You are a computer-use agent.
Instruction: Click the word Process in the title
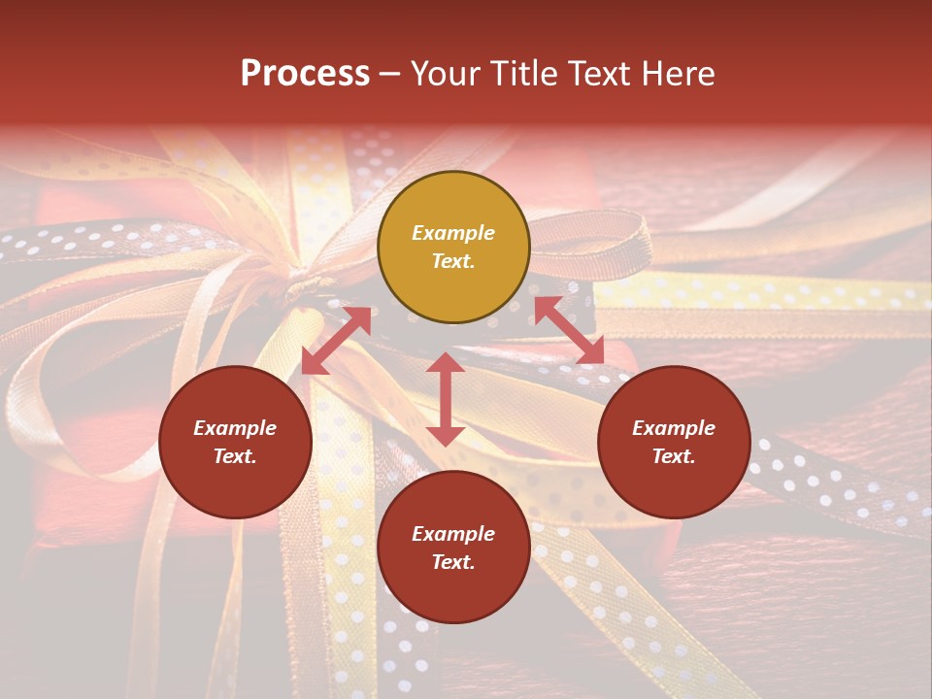click(305, 74)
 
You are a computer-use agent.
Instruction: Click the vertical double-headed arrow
click(446, 399)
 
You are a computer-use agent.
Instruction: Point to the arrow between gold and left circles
click(336, 341)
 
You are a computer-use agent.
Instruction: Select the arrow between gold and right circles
click(569, 330)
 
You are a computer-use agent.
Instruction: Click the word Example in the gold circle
click(453, 233)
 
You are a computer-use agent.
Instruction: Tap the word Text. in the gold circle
click(453, 261)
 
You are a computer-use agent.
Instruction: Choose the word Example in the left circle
click(235, 428)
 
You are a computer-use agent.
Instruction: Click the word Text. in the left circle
click(235, 456)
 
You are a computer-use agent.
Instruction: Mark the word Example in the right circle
click(674, 428)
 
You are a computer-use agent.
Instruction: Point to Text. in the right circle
click(674, 456)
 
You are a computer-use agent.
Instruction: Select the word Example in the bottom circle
click(453, 534)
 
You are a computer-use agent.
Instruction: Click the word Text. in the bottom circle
click(453, 562)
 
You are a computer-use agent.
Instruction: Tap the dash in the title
click(390, 75)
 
